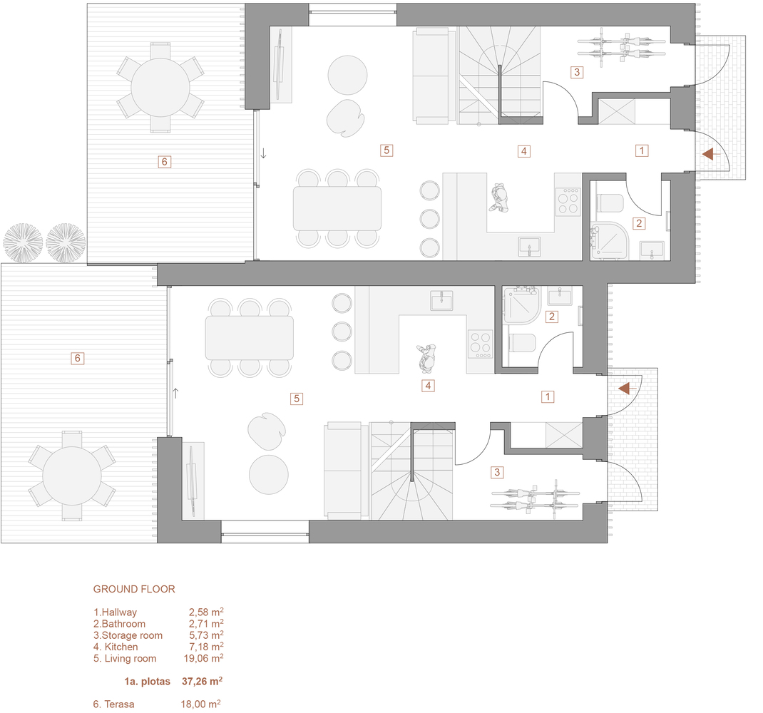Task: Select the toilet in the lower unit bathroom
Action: tap(523, 344)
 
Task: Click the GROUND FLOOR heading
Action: tap(134, 589)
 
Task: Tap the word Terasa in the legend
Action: tap(118, 704)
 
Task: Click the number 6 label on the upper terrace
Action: tap(164, 162)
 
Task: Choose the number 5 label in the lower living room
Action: tap(296, 399)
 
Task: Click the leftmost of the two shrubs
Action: tap(24, 243)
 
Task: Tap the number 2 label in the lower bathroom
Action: tap(551, 317)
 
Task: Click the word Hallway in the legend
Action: tap(118, 612)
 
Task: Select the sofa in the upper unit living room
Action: tap(431, 75)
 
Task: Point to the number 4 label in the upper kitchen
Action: tap(524, 150)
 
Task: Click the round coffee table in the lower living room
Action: tap(269, 474)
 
